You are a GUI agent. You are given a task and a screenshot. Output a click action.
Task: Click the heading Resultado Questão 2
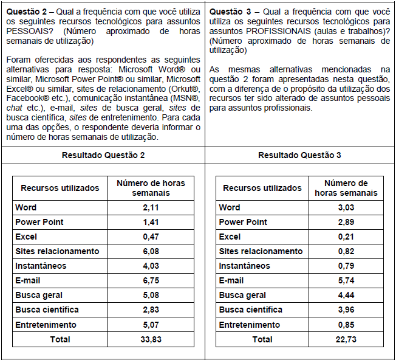[103, 155]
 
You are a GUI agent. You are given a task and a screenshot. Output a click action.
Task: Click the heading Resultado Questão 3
[299, 155]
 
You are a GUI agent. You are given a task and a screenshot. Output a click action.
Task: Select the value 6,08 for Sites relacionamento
[151, 251]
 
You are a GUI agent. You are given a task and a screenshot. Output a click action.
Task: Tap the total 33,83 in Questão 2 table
[151, 339]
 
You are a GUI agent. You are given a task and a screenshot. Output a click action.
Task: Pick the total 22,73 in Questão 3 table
[346, 339]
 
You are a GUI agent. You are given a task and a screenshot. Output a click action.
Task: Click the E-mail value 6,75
[151, 280]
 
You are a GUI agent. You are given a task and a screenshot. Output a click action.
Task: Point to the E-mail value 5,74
[346, 280]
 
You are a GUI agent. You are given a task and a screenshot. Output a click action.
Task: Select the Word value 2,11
[151, 207]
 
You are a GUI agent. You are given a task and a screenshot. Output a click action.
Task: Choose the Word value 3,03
[346, 207]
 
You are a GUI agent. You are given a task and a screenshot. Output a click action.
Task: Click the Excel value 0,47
[151, 237]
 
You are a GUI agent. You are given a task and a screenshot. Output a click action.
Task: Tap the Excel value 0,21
[346, 237]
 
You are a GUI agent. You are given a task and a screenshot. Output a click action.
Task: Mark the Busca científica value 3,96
[346, 310]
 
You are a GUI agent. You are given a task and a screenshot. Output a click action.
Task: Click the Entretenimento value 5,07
[151, 325]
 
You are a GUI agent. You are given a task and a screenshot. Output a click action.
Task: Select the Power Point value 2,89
[346, 222]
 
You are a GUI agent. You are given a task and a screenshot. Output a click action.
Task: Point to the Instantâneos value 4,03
[151, 266]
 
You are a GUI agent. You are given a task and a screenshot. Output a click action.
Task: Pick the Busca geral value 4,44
[346, 295]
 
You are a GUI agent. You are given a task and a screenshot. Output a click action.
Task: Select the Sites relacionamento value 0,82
[346, 251]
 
